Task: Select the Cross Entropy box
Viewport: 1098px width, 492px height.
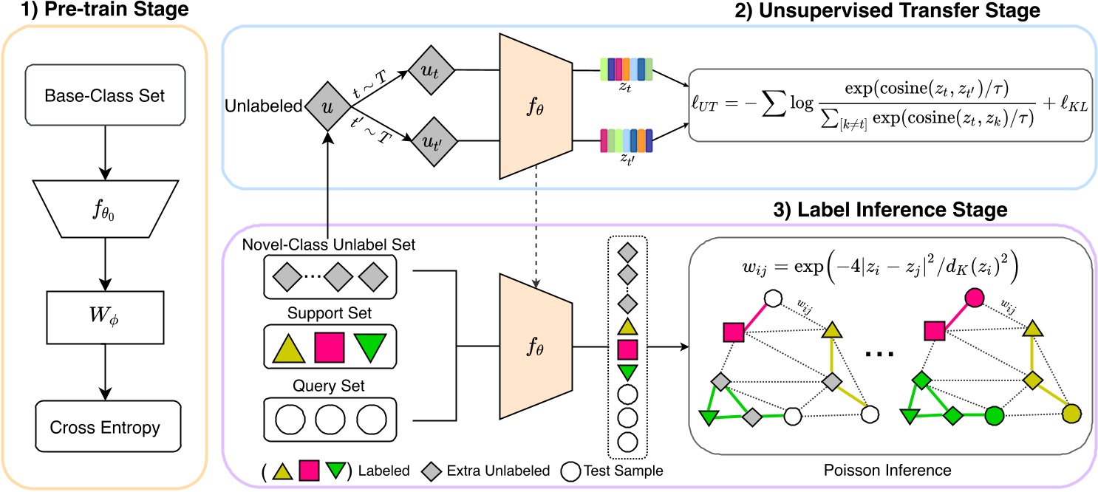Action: click(108, 427)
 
